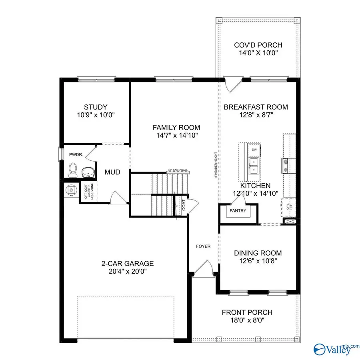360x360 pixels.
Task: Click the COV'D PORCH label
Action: [258, 45]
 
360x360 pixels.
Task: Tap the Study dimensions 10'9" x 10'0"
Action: [95, 114]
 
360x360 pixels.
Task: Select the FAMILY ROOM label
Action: [176, 128]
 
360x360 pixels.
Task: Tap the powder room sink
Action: [88, 172]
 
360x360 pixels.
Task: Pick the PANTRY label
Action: [238, 210]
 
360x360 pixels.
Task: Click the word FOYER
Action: [203, 246]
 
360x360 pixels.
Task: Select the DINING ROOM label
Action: [258, 253]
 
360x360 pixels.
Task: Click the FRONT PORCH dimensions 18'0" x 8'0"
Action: [247, 320]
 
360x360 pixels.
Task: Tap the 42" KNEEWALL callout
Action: [178, 170]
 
